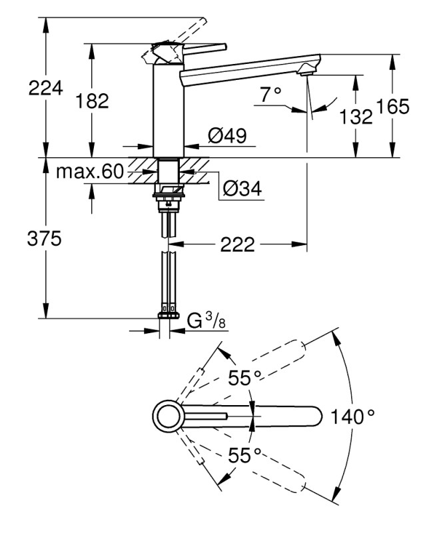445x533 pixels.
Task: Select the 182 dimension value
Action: tap(93, 101)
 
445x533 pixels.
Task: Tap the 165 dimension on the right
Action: tap(392, 107)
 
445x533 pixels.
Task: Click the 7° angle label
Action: tap(271, 95)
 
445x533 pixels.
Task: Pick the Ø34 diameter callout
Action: tap(242, 190)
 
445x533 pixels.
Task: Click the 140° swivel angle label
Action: tap(352, 417)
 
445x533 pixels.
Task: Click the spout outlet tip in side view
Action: tap(308, 67)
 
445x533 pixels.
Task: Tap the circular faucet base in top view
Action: tap(167, 417)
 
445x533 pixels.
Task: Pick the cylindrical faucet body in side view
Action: tap(167, 107)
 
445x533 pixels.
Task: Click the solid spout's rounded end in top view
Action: tap(313, 417)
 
